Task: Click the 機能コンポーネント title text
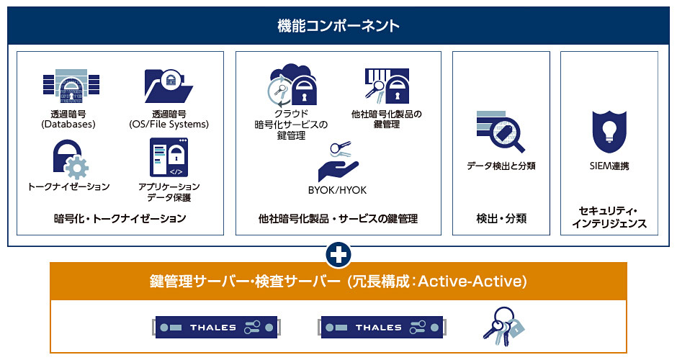coord(338,26)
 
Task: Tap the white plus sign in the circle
coord(338,255)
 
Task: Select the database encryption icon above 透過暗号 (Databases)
coord(71,86)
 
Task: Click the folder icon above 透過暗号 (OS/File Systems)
coord(169,86)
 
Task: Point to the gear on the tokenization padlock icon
coord(77,168)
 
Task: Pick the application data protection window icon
coord(169,158)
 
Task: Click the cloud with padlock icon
coord(292,86)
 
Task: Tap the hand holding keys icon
coord(338,161)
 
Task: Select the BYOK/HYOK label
coord(337,190)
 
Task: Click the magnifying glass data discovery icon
coord(501,131)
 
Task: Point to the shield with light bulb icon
coord(609,132)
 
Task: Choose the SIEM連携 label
coord(609,166)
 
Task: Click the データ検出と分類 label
coord(501,166)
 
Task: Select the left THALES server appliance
coord(216,327)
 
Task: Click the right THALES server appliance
coord(382,327)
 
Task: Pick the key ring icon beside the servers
coord(503,326)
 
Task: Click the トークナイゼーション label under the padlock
coord(68,187)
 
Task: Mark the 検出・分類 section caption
coord(501,218)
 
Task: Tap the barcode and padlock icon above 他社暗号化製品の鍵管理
coord(387,86)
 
